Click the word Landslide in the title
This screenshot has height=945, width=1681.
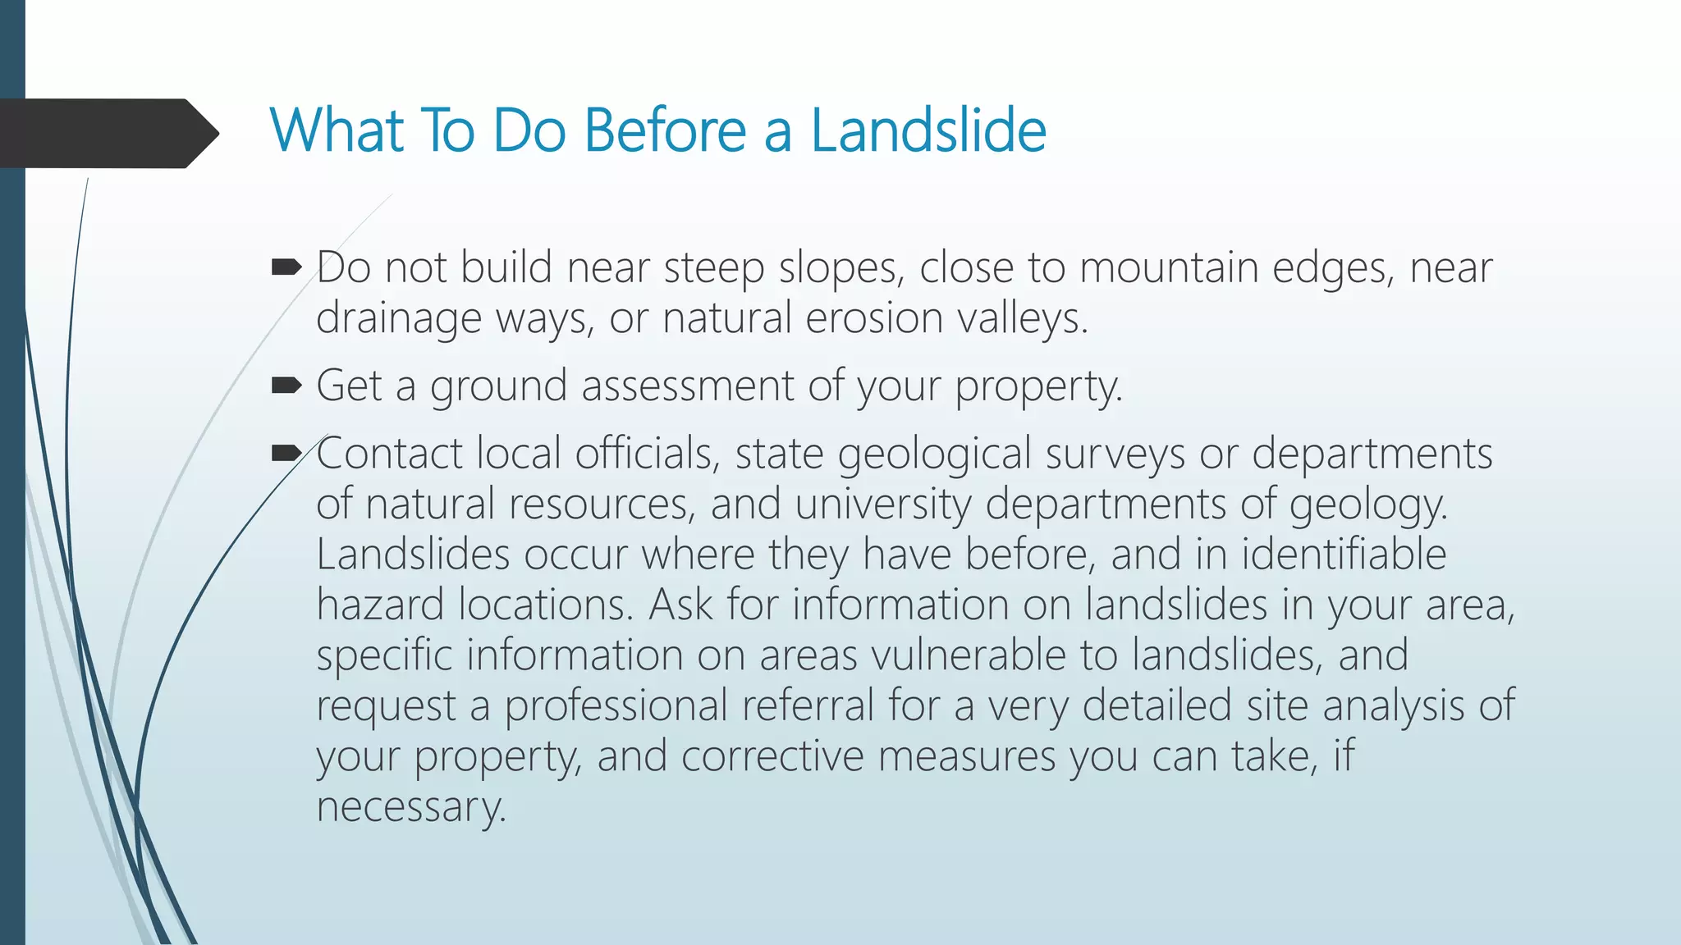coord(928,130)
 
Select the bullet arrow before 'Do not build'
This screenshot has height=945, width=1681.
coord(286,267)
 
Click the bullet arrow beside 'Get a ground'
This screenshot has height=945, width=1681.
coord(286,385)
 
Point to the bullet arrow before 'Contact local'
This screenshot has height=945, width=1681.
coord(286,452)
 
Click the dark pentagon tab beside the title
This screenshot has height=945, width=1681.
coord(107,133)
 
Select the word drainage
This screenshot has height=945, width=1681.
coord(399,318)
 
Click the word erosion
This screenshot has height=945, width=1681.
coord(874,318)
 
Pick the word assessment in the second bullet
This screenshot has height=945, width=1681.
coord(687,386)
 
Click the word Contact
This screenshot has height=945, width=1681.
coord(390,453)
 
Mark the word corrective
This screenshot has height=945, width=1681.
coord(772,756)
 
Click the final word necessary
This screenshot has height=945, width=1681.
coord(411,807)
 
